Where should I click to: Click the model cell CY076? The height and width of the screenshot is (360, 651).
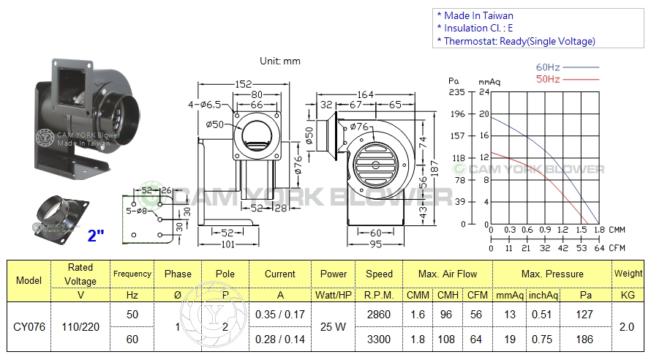point(29,326)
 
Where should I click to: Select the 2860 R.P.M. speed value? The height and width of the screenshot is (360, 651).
point(379,315)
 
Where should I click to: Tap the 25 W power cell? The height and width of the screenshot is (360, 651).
point(334,326)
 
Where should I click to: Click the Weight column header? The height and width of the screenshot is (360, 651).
point(629,274)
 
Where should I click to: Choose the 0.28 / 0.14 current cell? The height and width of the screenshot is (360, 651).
point(280,340)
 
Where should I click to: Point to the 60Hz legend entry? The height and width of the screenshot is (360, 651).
point(548,67)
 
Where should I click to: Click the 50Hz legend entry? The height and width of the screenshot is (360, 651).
point(548,78)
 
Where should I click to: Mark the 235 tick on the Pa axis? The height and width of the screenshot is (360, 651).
point(457,91)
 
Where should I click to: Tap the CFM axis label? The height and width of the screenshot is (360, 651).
point(616,248)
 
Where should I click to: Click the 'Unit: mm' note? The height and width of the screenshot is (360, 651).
point(280,61)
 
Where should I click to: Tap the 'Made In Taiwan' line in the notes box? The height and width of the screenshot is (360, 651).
point(478,15)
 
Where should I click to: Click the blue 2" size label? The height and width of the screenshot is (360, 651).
point(96,236)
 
